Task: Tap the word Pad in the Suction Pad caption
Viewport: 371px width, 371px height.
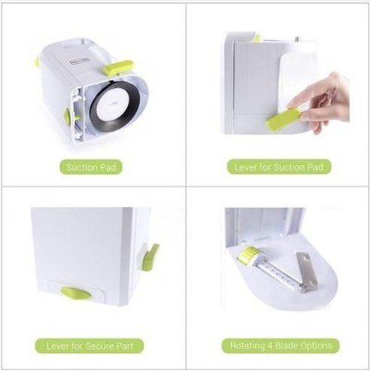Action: click(x=111, y=167)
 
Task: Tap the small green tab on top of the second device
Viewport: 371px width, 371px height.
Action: click(x=257, y=38)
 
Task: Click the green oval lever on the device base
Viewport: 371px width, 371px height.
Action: click(x=74, y=292)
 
